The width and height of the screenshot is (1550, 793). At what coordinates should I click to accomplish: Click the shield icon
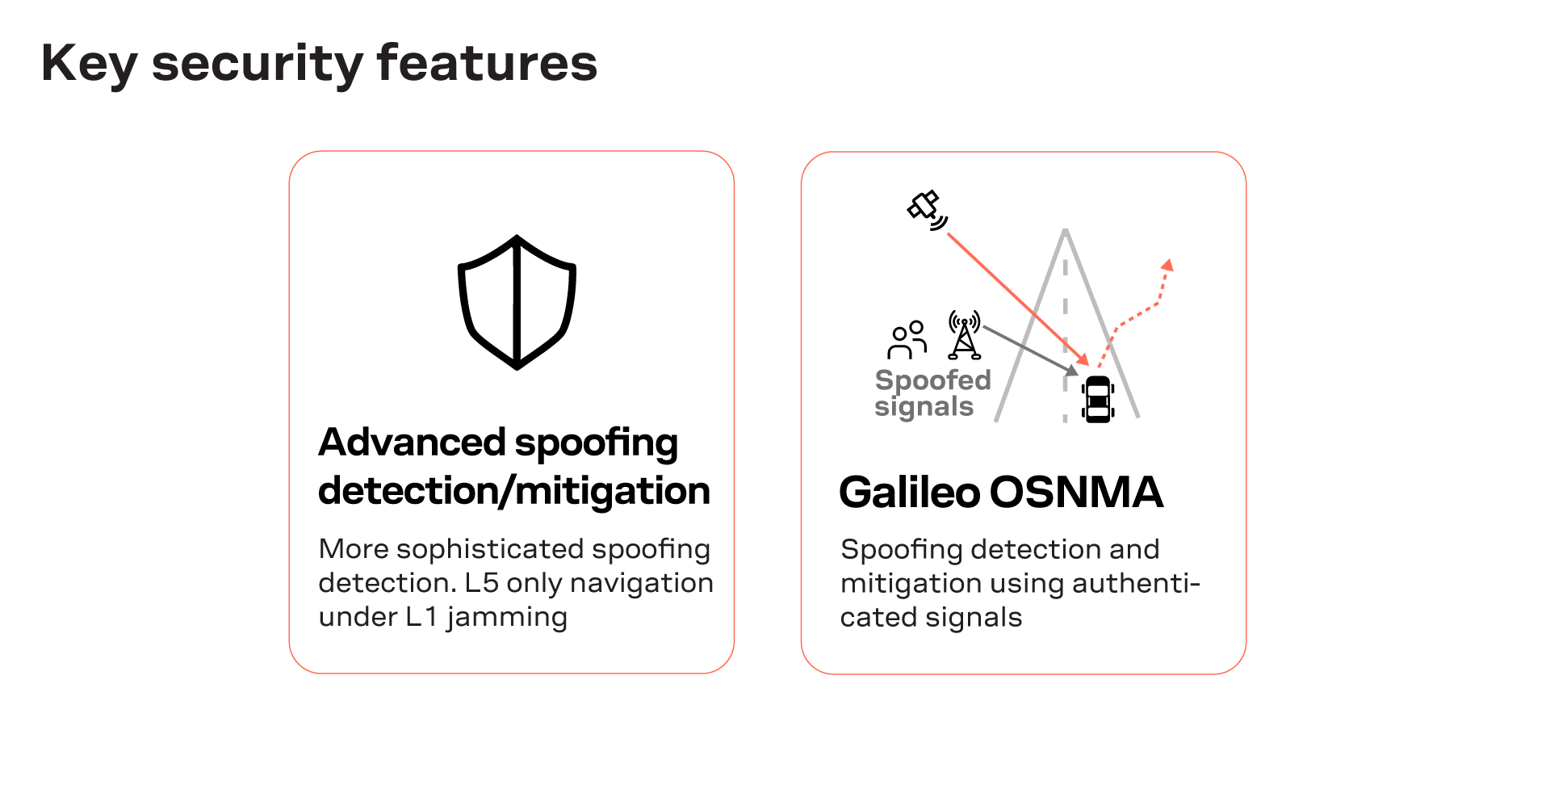[517, 302]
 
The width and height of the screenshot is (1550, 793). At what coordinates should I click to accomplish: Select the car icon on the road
[1098, 399]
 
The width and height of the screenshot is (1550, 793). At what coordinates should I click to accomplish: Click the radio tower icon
[965, 335]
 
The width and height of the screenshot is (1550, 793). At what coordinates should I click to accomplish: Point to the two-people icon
[907, 340]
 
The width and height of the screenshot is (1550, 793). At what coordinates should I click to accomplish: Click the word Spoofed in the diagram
[932, 380]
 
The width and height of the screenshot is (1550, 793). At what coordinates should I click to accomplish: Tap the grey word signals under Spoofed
[924, 406]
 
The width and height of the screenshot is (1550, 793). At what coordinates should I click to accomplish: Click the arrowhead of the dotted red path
[1167, 265]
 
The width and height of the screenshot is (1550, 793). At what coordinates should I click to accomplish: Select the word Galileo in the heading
[909, 492]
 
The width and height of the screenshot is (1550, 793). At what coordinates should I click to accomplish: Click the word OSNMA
[1077, 492]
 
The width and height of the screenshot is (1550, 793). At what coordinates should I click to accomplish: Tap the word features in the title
[487, 63]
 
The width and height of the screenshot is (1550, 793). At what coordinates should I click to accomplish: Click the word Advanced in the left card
[412, 443]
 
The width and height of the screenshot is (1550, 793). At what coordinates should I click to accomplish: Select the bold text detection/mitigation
[513, 491]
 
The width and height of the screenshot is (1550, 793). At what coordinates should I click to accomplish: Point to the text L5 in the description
[482, 583]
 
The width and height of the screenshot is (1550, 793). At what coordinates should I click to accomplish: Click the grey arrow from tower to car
[1029, 350]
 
